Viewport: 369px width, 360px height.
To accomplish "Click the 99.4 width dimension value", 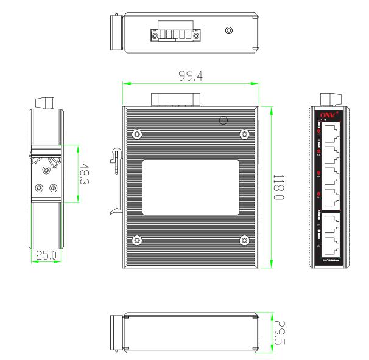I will [x=191, y=76].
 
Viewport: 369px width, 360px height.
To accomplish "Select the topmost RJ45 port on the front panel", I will [x=332, y=133].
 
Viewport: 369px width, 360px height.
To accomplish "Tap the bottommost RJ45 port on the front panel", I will [x=332, y=246].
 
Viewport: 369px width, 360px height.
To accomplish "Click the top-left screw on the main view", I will [x=138, y=134].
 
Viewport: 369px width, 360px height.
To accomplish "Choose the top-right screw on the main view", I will [x=244, y=134].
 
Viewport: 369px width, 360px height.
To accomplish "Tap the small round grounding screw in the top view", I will [x=229, y=30].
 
